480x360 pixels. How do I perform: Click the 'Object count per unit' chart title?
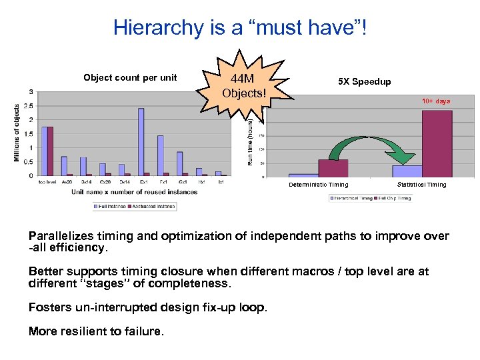[x=130, y=78]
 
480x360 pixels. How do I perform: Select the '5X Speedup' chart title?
[x=364, y=82]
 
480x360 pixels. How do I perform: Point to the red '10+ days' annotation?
[x=435, y=101]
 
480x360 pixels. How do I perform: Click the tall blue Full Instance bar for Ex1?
[x=141, y=142]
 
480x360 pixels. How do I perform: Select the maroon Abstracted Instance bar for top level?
[x=50, y=151]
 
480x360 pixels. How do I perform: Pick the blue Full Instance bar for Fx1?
[x=161, y=155]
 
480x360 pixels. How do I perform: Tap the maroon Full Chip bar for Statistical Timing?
[x=437, y=143]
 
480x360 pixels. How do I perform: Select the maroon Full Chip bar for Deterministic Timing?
[x=333, y=168]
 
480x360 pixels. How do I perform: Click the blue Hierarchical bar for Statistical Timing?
[x=407, y=171]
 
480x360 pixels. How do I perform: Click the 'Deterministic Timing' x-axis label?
[x=319, y=185]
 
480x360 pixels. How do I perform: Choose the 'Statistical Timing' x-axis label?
[x=421, y=185]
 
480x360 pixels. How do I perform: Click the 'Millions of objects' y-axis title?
[x=17, y=131]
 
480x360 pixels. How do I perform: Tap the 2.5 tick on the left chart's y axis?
[x=29, y=106]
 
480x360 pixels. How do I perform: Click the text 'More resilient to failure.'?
[x=95, y=331]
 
